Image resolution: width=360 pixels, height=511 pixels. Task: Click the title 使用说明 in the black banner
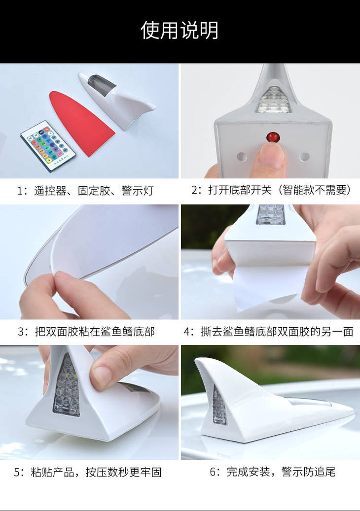coord(180,31)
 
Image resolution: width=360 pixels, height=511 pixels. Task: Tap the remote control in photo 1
coord(48,146)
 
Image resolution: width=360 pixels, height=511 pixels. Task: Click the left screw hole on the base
coord(242,156)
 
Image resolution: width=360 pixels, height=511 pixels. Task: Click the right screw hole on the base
coord(304,156)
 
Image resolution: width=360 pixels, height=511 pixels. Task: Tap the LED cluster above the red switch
coord(273,100)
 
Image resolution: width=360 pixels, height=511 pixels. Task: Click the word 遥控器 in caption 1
coord(50,191)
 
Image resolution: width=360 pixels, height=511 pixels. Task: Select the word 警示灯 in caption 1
coord(138,191)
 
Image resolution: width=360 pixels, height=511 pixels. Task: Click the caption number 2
coord(194,190)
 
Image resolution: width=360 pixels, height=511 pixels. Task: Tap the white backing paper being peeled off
coord(266,283)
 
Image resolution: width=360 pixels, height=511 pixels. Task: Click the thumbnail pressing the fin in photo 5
coord(102,374)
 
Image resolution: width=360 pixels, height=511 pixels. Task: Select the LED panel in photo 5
coord(66,386)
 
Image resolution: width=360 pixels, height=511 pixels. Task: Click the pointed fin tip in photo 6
coord(197,360)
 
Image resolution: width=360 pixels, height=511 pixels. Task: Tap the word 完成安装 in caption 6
coord(249,472)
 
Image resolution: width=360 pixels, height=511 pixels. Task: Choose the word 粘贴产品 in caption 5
coord(52,472)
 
